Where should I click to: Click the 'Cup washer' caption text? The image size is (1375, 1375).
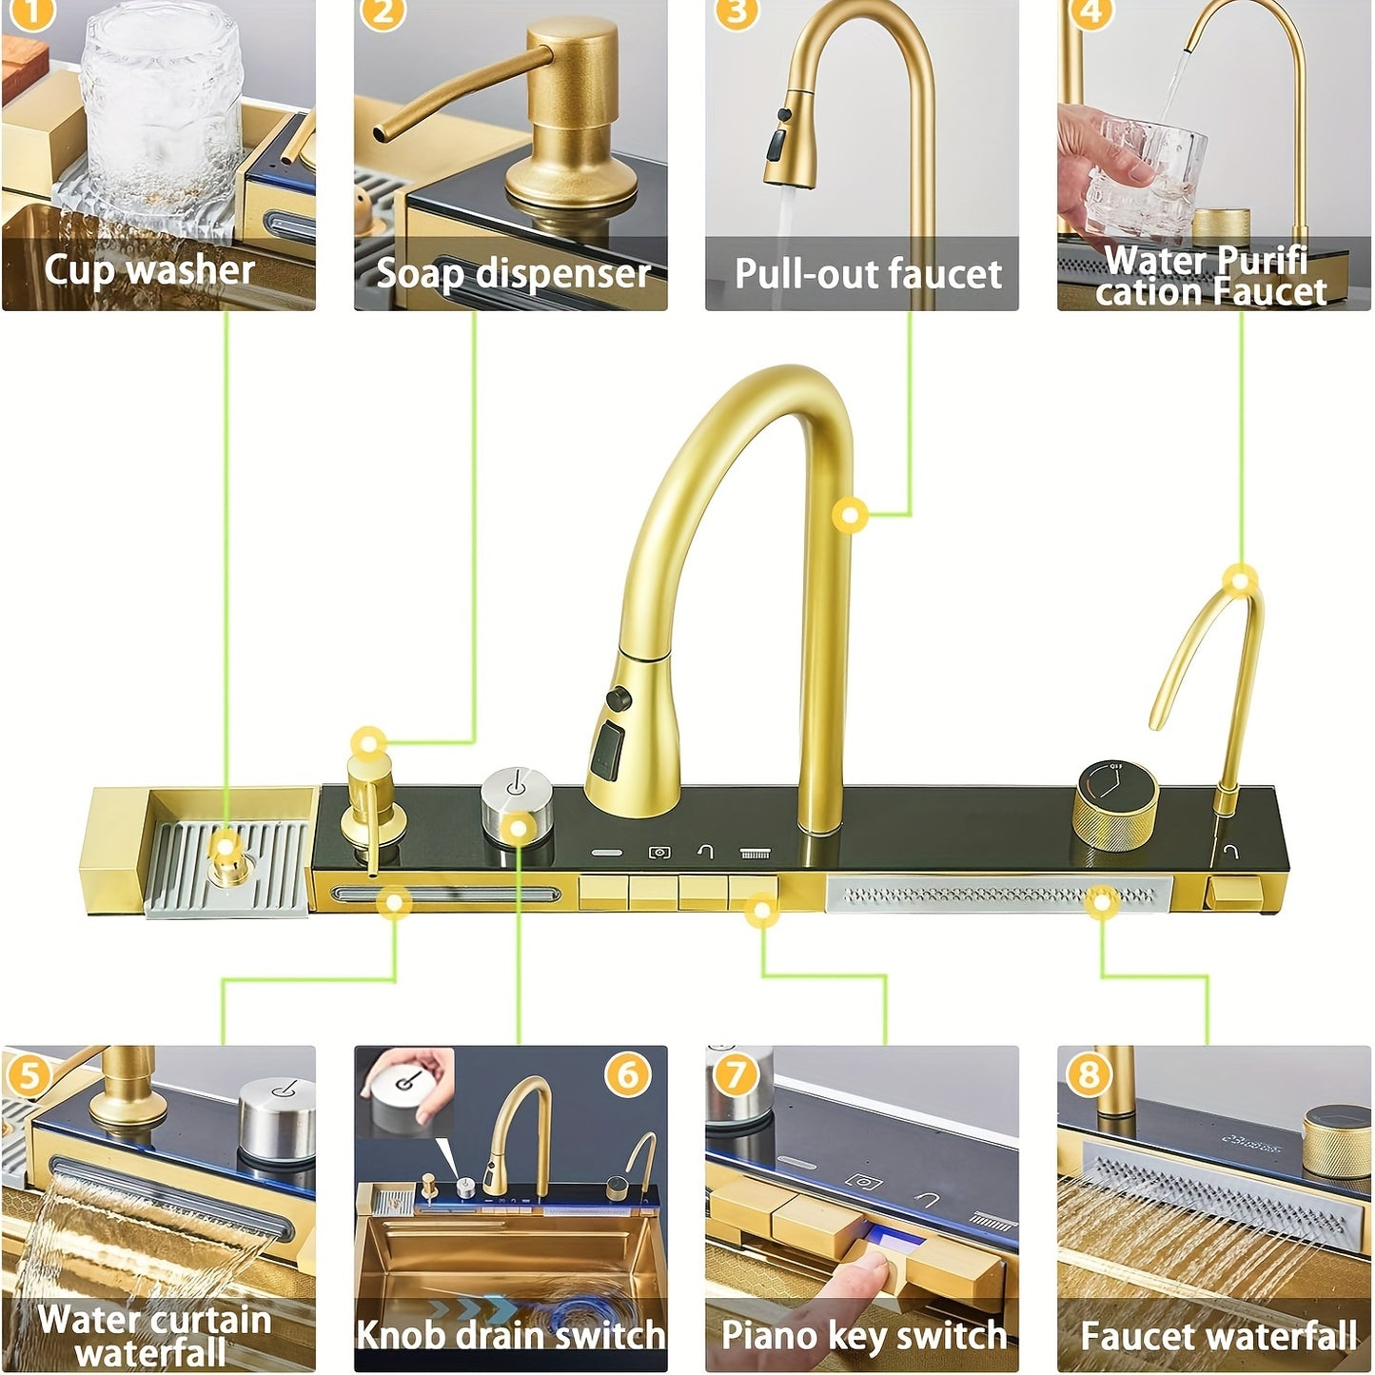click(x=149, y=270)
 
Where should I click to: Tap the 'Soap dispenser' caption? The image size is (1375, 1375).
click(x=513, y=274)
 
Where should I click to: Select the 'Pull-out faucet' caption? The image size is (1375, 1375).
click(x=868, y=274)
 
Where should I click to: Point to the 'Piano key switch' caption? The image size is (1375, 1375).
click(x=863, y=1335)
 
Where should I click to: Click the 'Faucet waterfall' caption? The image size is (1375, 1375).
click(x=1218, y=1336)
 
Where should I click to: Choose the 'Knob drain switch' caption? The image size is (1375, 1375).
click(x=510, y=1335)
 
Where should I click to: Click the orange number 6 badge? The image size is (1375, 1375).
click(x=627, y=1074)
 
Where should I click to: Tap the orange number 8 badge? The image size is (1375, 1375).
click(x=1089, y=1075)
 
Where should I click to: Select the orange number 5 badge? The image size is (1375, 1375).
click(x=27, y=1075)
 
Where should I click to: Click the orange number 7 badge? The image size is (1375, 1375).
click(x=735, y=1075)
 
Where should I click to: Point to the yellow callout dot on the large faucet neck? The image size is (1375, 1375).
click(x=851, y=516)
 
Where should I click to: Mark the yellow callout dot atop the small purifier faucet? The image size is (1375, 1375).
click(x=1240, y=579)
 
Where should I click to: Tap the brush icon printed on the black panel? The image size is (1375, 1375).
click(x=756, y=854)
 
